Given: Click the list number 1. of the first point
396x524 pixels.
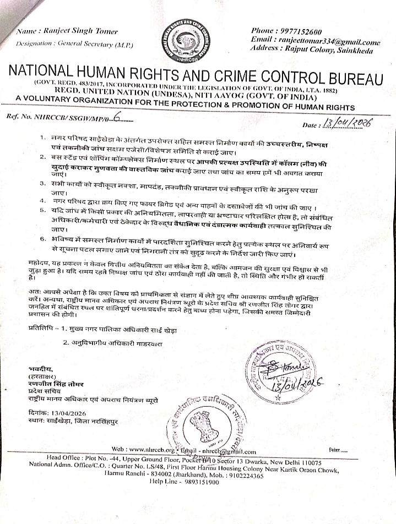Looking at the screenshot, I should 42,136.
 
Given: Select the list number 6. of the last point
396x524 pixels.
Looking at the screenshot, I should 42,239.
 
